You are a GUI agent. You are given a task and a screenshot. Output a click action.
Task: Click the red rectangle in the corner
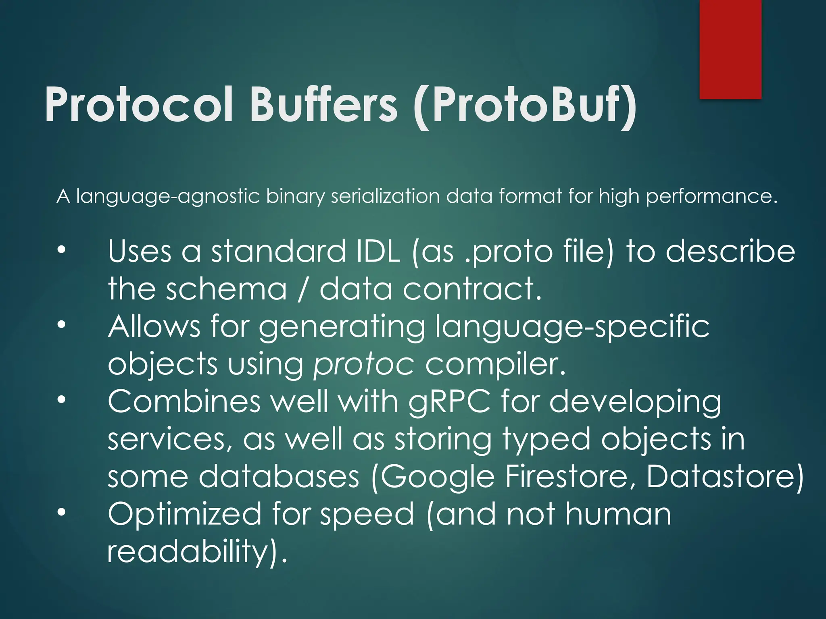tap(730, 48)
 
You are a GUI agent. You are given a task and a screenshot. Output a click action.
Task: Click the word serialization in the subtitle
tap(385, 196)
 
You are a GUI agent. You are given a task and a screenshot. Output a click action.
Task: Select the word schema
tap(226, 289)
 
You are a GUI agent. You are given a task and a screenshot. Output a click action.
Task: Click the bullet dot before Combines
tap(61, 399)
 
